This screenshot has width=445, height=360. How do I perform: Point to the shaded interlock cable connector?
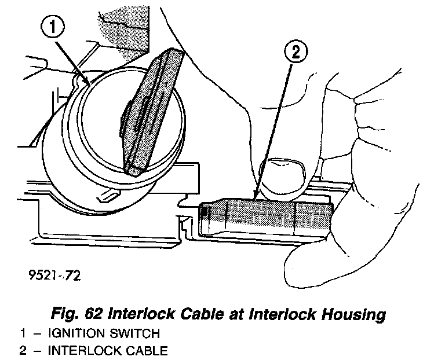[267, 219]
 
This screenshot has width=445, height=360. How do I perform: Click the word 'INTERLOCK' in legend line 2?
[79, 350]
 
